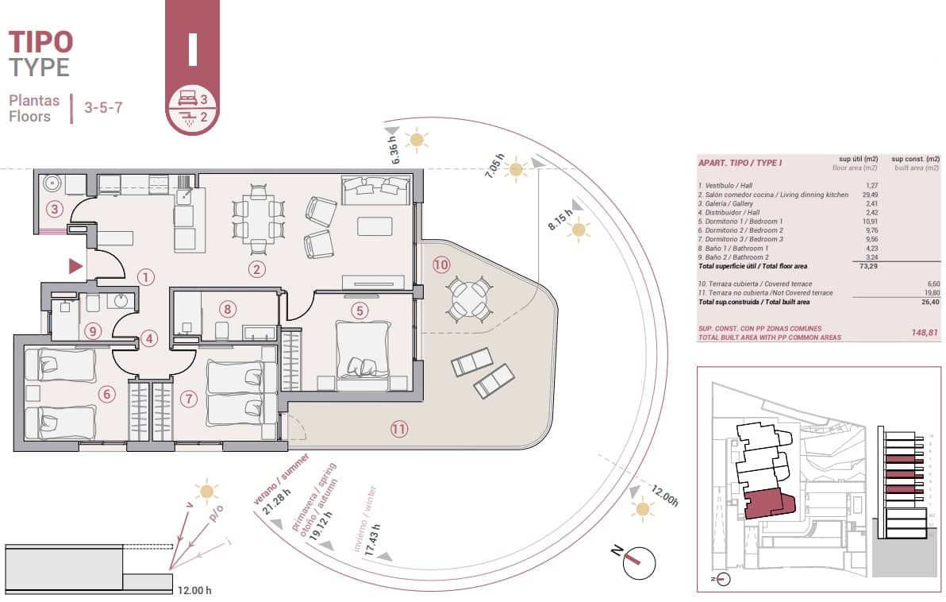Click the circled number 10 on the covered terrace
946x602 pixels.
(441, 264)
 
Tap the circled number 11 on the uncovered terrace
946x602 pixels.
(398, 429)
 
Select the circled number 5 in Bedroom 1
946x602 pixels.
(360, 311)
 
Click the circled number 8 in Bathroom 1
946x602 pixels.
(228, 309)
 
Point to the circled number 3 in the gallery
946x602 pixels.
(54, 210)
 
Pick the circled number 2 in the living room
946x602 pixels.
(256, 269)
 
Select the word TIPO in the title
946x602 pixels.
(40, 41)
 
